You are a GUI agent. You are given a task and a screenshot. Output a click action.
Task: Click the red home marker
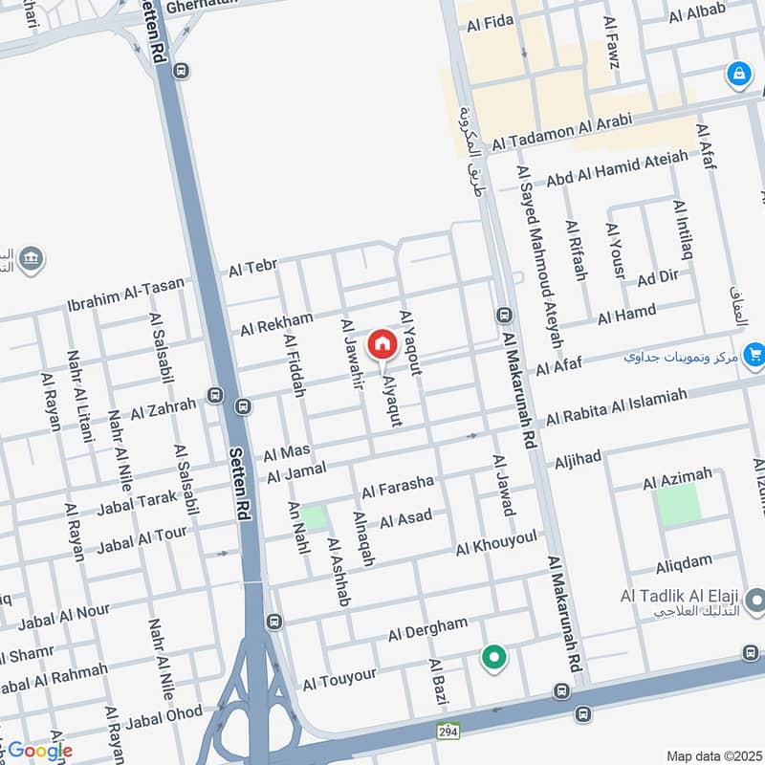tap(382, 344)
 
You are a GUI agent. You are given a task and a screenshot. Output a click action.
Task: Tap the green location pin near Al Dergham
tap(493, 657)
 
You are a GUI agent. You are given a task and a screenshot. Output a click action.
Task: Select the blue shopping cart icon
tap(754, 355)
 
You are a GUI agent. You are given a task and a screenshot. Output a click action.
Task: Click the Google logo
tap(39, 751)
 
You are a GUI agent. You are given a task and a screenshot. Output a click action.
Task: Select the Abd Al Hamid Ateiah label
tap(618, 169)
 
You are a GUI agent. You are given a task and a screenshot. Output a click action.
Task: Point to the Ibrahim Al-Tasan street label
tap(126, 293)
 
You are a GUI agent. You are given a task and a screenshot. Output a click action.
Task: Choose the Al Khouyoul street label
tap(496, 543)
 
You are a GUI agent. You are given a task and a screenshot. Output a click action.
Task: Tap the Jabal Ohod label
tap(164, 715)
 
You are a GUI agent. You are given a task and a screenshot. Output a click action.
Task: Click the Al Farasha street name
tap(398, 487)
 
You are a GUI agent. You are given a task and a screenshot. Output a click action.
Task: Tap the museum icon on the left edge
tap(31, 260)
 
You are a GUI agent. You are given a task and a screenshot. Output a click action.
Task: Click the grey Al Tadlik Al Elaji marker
tap(755, 601)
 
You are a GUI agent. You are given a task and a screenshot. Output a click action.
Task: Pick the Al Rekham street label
tap(276, 323)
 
